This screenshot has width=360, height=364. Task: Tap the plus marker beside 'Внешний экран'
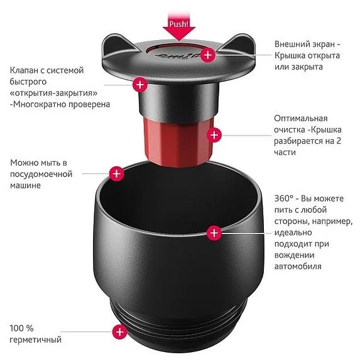click(209, 56)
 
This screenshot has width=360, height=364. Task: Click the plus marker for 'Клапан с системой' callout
click(139, 83)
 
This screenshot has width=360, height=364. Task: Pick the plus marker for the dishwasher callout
click(116, 173)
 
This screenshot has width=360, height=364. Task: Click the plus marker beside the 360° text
click(214, 233)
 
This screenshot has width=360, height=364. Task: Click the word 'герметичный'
click(36, 340)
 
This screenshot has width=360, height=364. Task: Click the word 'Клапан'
click(24, 70)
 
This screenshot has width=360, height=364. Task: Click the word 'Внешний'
click(293, 44)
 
